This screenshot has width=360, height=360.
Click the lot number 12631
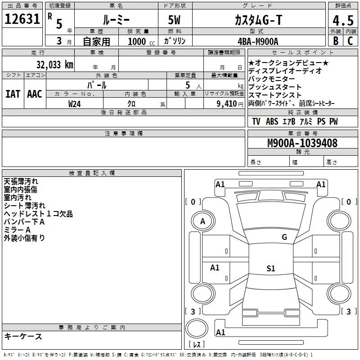click(x=22, y=19)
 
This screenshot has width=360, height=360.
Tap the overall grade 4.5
click(x=343, y=20)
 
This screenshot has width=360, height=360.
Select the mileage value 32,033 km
click(x=54, y=65)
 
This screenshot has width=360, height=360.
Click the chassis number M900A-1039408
click(x=302, y=143)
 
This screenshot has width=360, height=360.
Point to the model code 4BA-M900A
click(x=258, y=41)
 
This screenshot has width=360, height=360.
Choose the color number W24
click(x=74, y=104)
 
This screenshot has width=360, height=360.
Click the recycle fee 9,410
click(x=226, y=104)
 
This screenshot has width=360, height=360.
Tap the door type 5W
click(x=174, y=20)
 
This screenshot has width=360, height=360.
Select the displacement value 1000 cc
click(x=141, y=41)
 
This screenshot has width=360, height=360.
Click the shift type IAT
click(x=13, y=94)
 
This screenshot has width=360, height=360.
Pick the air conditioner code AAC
click(x=35, y=94)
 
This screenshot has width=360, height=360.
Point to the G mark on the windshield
click(x=284, y=237)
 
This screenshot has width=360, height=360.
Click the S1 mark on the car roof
click(x=271, y=268)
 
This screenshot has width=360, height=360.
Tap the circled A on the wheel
click(x=203, y=221)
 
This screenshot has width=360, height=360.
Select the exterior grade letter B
click(x=336, y=40)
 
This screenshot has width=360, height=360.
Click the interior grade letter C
click(x=350, y=40)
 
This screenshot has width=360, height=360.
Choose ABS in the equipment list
click(x=272, y=121)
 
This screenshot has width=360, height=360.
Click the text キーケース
click(x=23, y=337)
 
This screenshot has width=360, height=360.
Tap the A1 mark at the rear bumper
click(x=220, y=333)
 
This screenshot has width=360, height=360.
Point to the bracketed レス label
click(x=197, y=344)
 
